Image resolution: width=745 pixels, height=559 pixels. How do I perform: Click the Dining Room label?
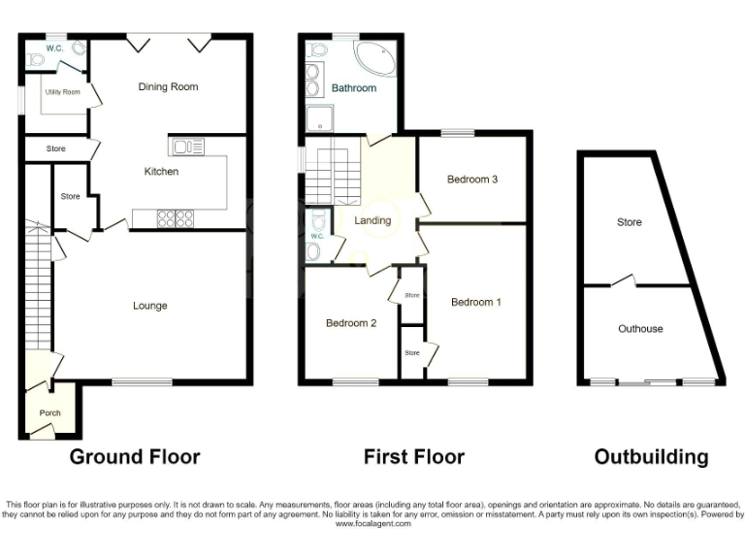coord(168,87)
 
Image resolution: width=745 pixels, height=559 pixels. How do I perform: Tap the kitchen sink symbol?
coord(187,148)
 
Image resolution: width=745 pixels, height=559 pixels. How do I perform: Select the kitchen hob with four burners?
coord(175,218)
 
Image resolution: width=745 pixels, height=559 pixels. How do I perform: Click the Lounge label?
coord(150,306)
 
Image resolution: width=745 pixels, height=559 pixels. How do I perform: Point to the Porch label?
coord(49,413)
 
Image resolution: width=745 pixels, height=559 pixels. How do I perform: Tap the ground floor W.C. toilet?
coord(37,59)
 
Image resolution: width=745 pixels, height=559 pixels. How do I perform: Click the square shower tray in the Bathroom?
coord(319,119)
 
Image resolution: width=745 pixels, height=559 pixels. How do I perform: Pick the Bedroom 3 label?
coord(472,180)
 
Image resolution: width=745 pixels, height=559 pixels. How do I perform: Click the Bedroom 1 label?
coord(476,302)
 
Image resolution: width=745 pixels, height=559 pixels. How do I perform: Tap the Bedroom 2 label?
coord(350,323)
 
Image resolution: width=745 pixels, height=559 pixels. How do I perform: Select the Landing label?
coord(372,220)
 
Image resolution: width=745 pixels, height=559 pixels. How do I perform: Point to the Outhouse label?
coord(640,329)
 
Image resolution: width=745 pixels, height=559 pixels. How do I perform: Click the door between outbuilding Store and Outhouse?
coord(627,281)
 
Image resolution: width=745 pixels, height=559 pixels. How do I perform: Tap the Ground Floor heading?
coord(134,456)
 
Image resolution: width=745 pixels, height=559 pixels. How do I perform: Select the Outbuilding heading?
coord(651,456)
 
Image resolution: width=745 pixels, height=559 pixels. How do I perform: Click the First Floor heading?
coord(413,456)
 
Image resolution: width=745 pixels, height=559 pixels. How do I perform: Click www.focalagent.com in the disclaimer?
coord(372,524)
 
